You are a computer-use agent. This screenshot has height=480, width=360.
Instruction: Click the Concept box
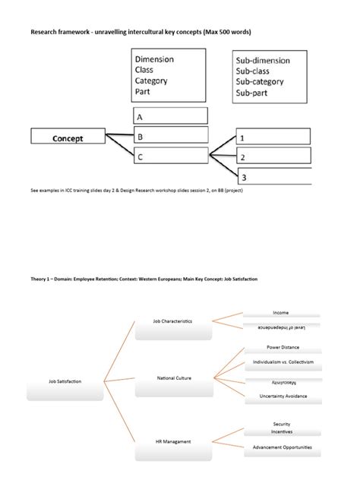pos(68,138)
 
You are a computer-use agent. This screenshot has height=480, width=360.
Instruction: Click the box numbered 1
pos(273,137)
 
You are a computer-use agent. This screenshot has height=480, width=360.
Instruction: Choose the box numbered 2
pos(273,157)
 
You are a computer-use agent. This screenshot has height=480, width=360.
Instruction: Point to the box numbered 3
pos(273,177)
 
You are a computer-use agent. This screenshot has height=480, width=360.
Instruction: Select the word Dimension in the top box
pos(154,59)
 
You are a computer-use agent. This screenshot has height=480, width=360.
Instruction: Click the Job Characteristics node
pos(172,321)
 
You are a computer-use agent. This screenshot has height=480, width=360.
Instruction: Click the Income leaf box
pos(281,313)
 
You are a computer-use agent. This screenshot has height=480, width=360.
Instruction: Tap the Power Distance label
pos(282,348)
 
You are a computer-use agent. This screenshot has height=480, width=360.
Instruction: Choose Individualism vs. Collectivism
pos(282,362)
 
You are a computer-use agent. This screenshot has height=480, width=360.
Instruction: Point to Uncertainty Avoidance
pos(282,396)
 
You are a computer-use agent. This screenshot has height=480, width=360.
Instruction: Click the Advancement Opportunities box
pos(282,447)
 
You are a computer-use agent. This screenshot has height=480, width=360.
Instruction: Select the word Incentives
pos(282,431)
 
